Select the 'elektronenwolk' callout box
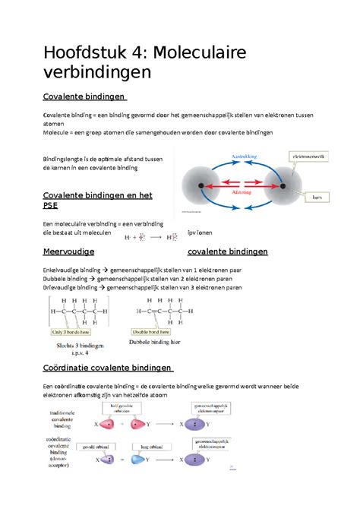(x=311, y=157)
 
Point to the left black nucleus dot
(x=201, y=185)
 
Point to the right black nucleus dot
(x=281, y=185)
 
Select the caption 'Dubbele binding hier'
(x=159, y=344)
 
